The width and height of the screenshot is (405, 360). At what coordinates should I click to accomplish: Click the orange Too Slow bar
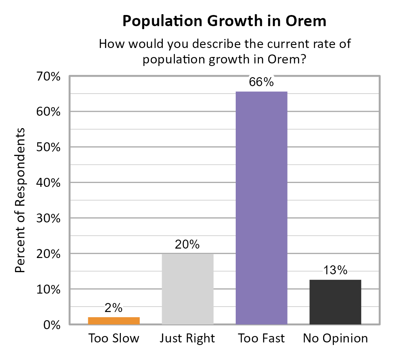pyautogui.click(x=114, y=321)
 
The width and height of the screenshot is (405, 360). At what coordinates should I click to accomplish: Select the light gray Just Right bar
pyautogui.click(x=187, y=289)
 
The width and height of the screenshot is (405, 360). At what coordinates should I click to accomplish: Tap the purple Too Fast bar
pyautogui.click(x=261, y=208)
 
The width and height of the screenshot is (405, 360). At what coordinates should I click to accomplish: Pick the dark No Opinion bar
pyautogui.click(x=335, y=302)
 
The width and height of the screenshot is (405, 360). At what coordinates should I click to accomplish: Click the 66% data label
pyautogui.click(x=261, y=82)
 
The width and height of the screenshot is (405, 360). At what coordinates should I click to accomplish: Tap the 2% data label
pyautogui.click(x=114, y=308)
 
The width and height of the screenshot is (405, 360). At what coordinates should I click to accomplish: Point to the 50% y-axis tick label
pyautogui.click(x=49, y=147)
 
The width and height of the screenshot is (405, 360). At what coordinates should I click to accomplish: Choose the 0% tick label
pyautogui.click(x=51, y=325)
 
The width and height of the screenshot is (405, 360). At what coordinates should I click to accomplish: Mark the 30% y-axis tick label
pyautogui.click(x=49, y=219)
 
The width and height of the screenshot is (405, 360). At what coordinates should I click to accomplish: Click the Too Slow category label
pyautogui.click(x=114, y=339)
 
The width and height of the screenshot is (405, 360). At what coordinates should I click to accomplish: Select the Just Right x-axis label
pyautogui.click(x=187, y=339)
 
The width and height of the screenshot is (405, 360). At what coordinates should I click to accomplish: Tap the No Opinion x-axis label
pyautogui.click(x=335, y=339)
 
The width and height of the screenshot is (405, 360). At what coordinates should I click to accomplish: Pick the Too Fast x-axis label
pyautogui.click(x=261, y=339)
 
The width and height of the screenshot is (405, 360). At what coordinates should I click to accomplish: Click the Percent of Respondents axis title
pyautogui.click(x=20, y=201)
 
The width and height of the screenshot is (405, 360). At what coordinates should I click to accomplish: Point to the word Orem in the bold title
pyautogui.click(x=306, y=21)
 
